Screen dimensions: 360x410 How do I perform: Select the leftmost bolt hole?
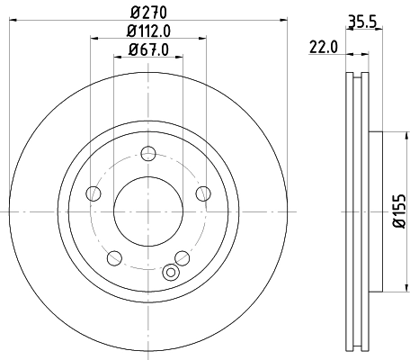(x=93, y=192)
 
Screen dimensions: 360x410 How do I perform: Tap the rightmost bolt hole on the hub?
(x=203, y=192)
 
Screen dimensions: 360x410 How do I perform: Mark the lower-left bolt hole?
(x=114, y=257)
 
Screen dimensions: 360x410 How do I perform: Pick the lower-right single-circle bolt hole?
(x=183, y=257)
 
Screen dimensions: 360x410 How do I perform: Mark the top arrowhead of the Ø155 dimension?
(x=388, y=135)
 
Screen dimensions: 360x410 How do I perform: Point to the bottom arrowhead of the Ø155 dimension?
(x=388, y=290)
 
